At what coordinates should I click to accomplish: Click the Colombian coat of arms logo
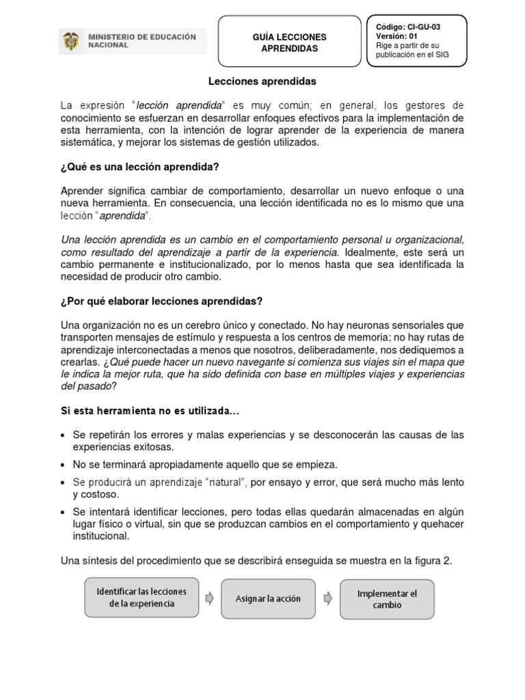pyautogui.click(x=70, y=42)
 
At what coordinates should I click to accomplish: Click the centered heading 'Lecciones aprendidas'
pyautogui.click(x=253, y=81)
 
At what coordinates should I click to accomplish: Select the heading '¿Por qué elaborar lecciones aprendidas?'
pyautogui.click(x=162, y=301)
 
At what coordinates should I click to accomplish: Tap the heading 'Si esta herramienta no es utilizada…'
pyautogui.click(x=150, y=411)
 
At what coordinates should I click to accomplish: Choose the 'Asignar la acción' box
pyautogui.click(x=268, y=599)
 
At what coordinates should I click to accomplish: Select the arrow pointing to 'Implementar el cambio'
pyautogui.click(x=328, y=598)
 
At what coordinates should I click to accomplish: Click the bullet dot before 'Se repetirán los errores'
pyautogui.click(x=64, y=435)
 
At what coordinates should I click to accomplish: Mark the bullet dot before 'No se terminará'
pyautogui.click(x=64, y=466)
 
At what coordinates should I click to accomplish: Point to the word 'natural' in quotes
pyautogui.click(x=221, y=483)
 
